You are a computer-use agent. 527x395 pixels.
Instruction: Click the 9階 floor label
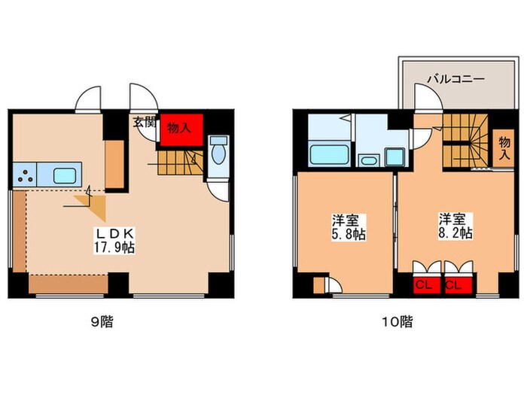(102, 322)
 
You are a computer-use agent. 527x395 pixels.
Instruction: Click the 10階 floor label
(401, 322)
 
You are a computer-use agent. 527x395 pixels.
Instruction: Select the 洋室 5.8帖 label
(346, 227)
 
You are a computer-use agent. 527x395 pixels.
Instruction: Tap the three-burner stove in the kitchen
(25, 175)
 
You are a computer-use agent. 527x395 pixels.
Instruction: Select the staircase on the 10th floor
(463, 143)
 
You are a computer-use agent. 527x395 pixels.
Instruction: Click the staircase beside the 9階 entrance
(181, 161)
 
